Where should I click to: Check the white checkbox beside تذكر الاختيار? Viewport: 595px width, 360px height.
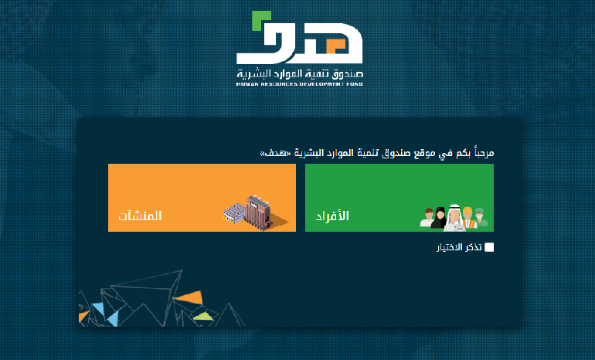pyautogui.click(x=489, y=247)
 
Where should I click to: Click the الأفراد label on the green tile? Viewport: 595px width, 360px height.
pyautogui.click(x=332, y=216)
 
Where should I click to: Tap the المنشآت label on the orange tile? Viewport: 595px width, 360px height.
pyautogui.click(x=140, y=216)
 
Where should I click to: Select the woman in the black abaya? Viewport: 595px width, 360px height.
pyautogui.click(x=440, y=218)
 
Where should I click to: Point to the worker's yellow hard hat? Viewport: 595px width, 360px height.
pyautogui.click(x=467, y=211)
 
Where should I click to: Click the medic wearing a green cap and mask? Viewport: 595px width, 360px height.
pyautogui.click(x=481, y=217)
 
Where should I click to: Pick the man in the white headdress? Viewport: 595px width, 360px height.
pyautogui.click(x=454, y=218)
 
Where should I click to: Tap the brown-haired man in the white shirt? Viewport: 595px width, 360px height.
pyautogui.click(x=427, y=218)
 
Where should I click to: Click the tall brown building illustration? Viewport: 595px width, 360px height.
pyautogui.click(x=257, y=212)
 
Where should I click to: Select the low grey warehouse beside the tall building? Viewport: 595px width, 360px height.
pyautogui.click(x=234, y=213)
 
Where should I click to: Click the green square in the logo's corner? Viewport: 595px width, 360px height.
pyautogui.click(x=261, y=21)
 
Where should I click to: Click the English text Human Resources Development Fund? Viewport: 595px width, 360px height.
pyautogui.click(x=299, y=84)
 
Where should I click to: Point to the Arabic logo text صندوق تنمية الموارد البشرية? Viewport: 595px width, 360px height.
pyautogui.click(x=300, y=73)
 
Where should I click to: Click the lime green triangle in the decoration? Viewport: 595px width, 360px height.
pyautogui.click(x=204, y=316)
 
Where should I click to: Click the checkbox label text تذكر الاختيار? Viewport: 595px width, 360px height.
pyautogui.click(x=459, y=247)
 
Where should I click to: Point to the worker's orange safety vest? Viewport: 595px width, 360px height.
pyautogui.click(x=469, y=224)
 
